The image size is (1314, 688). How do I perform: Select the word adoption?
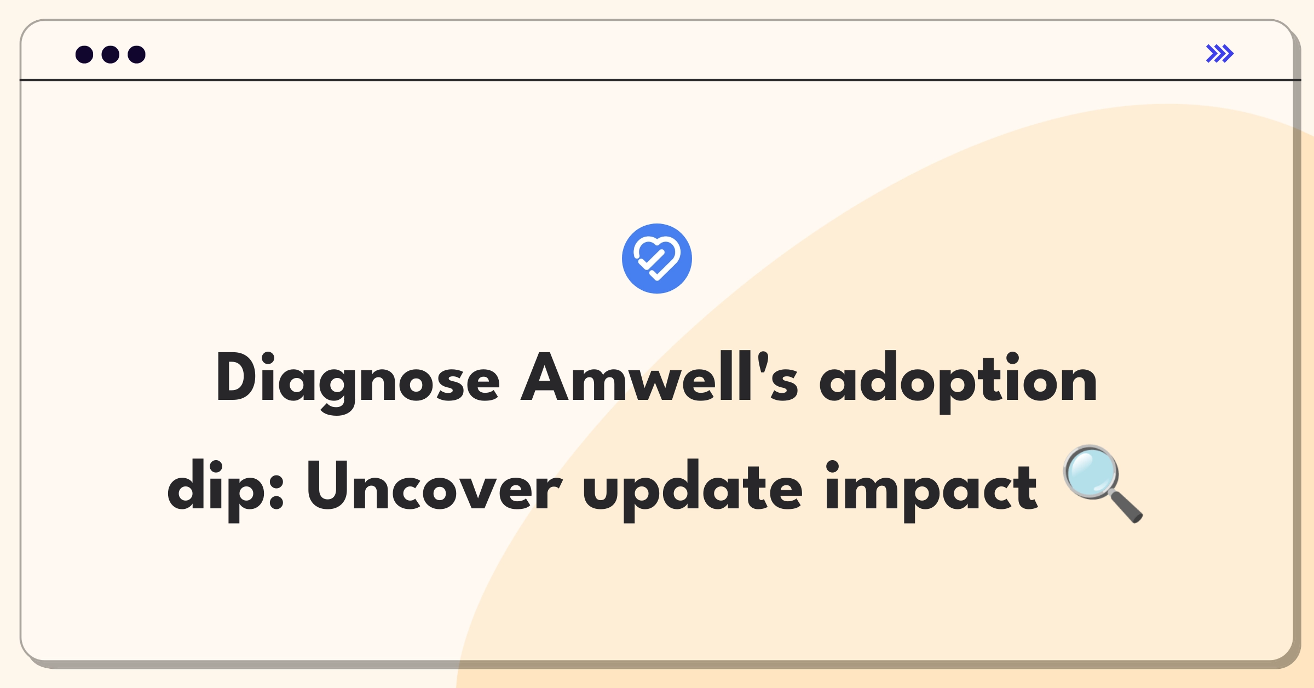tap(958, 381)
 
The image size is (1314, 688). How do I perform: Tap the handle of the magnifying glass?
tap(1125, 506)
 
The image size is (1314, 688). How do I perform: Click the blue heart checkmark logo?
tap(657, 259)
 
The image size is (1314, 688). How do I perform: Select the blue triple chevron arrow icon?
tap(1220, 54)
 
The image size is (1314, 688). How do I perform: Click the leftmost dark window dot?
tap(84, 54)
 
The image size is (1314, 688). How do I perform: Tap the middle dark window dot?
tap(111, 54)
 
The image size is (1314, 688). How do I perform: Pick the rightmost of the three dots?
tap(137, 54)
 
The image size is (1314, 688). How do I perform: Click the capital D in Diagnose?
tap(237, 377)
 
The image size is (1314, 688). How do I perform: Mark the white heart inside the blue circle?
tap(657, 258)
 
